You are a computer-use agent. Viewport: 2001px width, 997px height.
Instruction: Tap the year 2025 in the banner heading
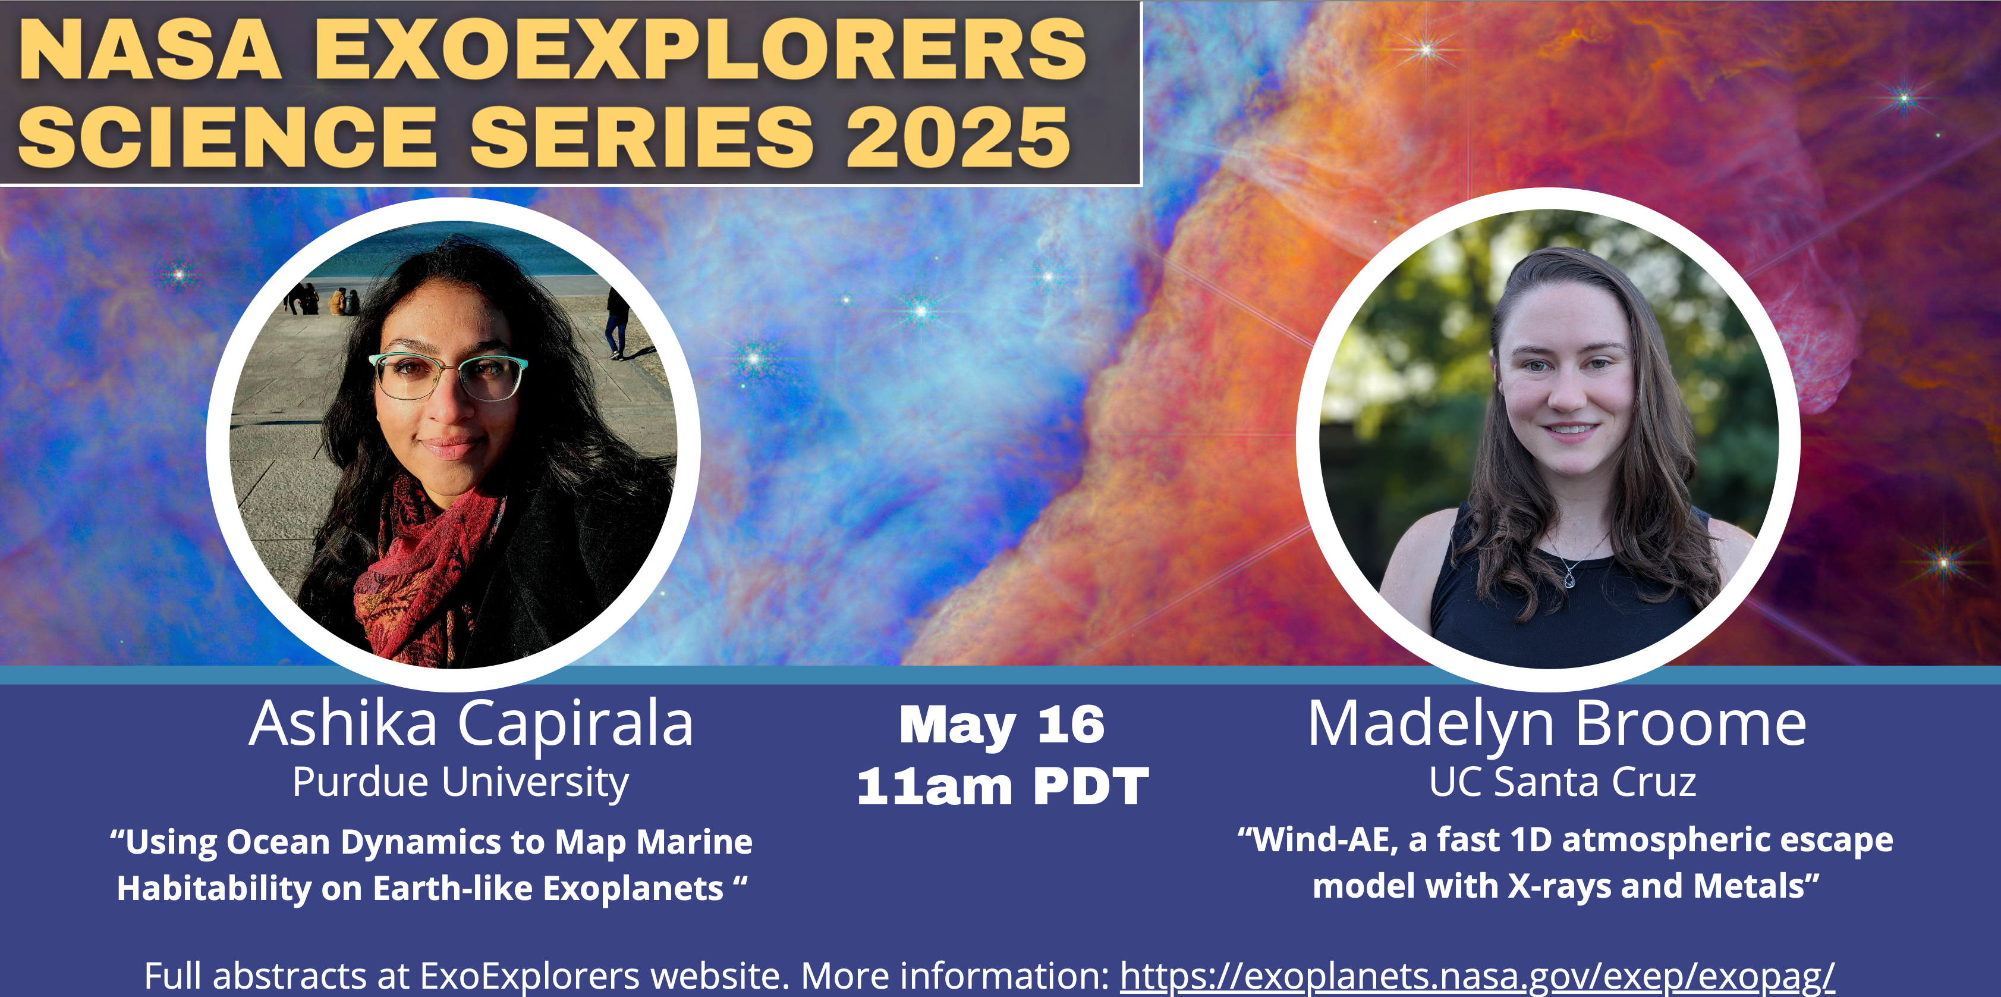(x=958, y=137)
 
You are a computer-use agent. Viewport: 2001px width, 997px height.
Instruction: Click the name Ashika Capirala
(x=471, y=724)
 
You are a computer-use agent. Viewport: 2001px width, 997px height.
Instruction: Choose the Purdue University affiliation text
(x=461, y=782)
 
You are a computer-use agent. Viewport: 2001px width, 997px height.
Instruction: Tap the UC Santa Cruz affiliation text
(x=1562, y=782)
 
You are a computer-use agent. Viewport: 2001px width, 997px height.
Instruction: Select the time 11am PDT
(x=1002, y=786)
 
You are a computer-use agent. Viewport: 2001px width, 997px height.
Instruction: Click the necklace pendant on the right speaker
(x=1569, y=579)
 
